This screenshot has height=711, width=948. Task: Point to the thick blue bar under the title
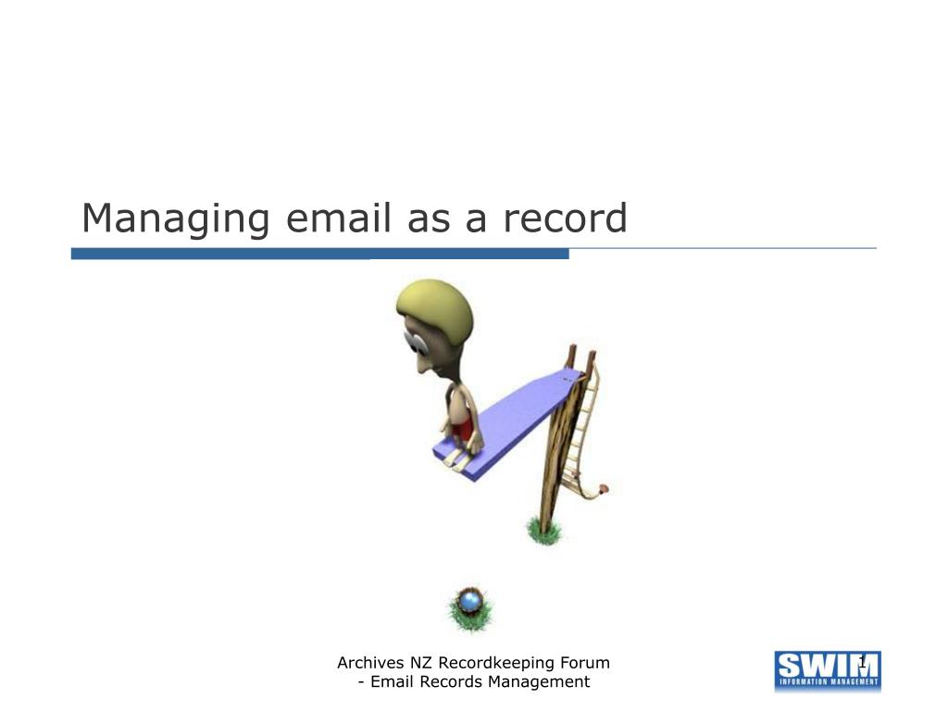319,254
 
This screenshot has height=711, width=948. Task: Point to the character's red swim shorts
465,425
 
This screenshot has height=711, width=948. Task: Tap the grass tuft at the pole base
544,530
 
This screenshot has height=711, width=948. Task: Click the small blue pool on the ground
470,601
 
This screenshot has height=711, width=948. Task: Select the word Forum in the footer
585,663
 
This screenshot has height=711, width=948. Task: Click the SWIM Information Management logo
827,670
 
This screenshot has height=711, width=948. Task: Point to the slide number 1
863,661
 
